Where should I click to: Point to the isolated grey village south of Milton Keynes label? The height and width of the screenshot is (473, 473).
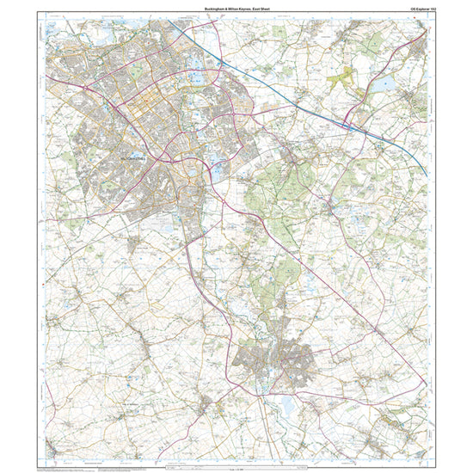[x=133, y=245]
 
